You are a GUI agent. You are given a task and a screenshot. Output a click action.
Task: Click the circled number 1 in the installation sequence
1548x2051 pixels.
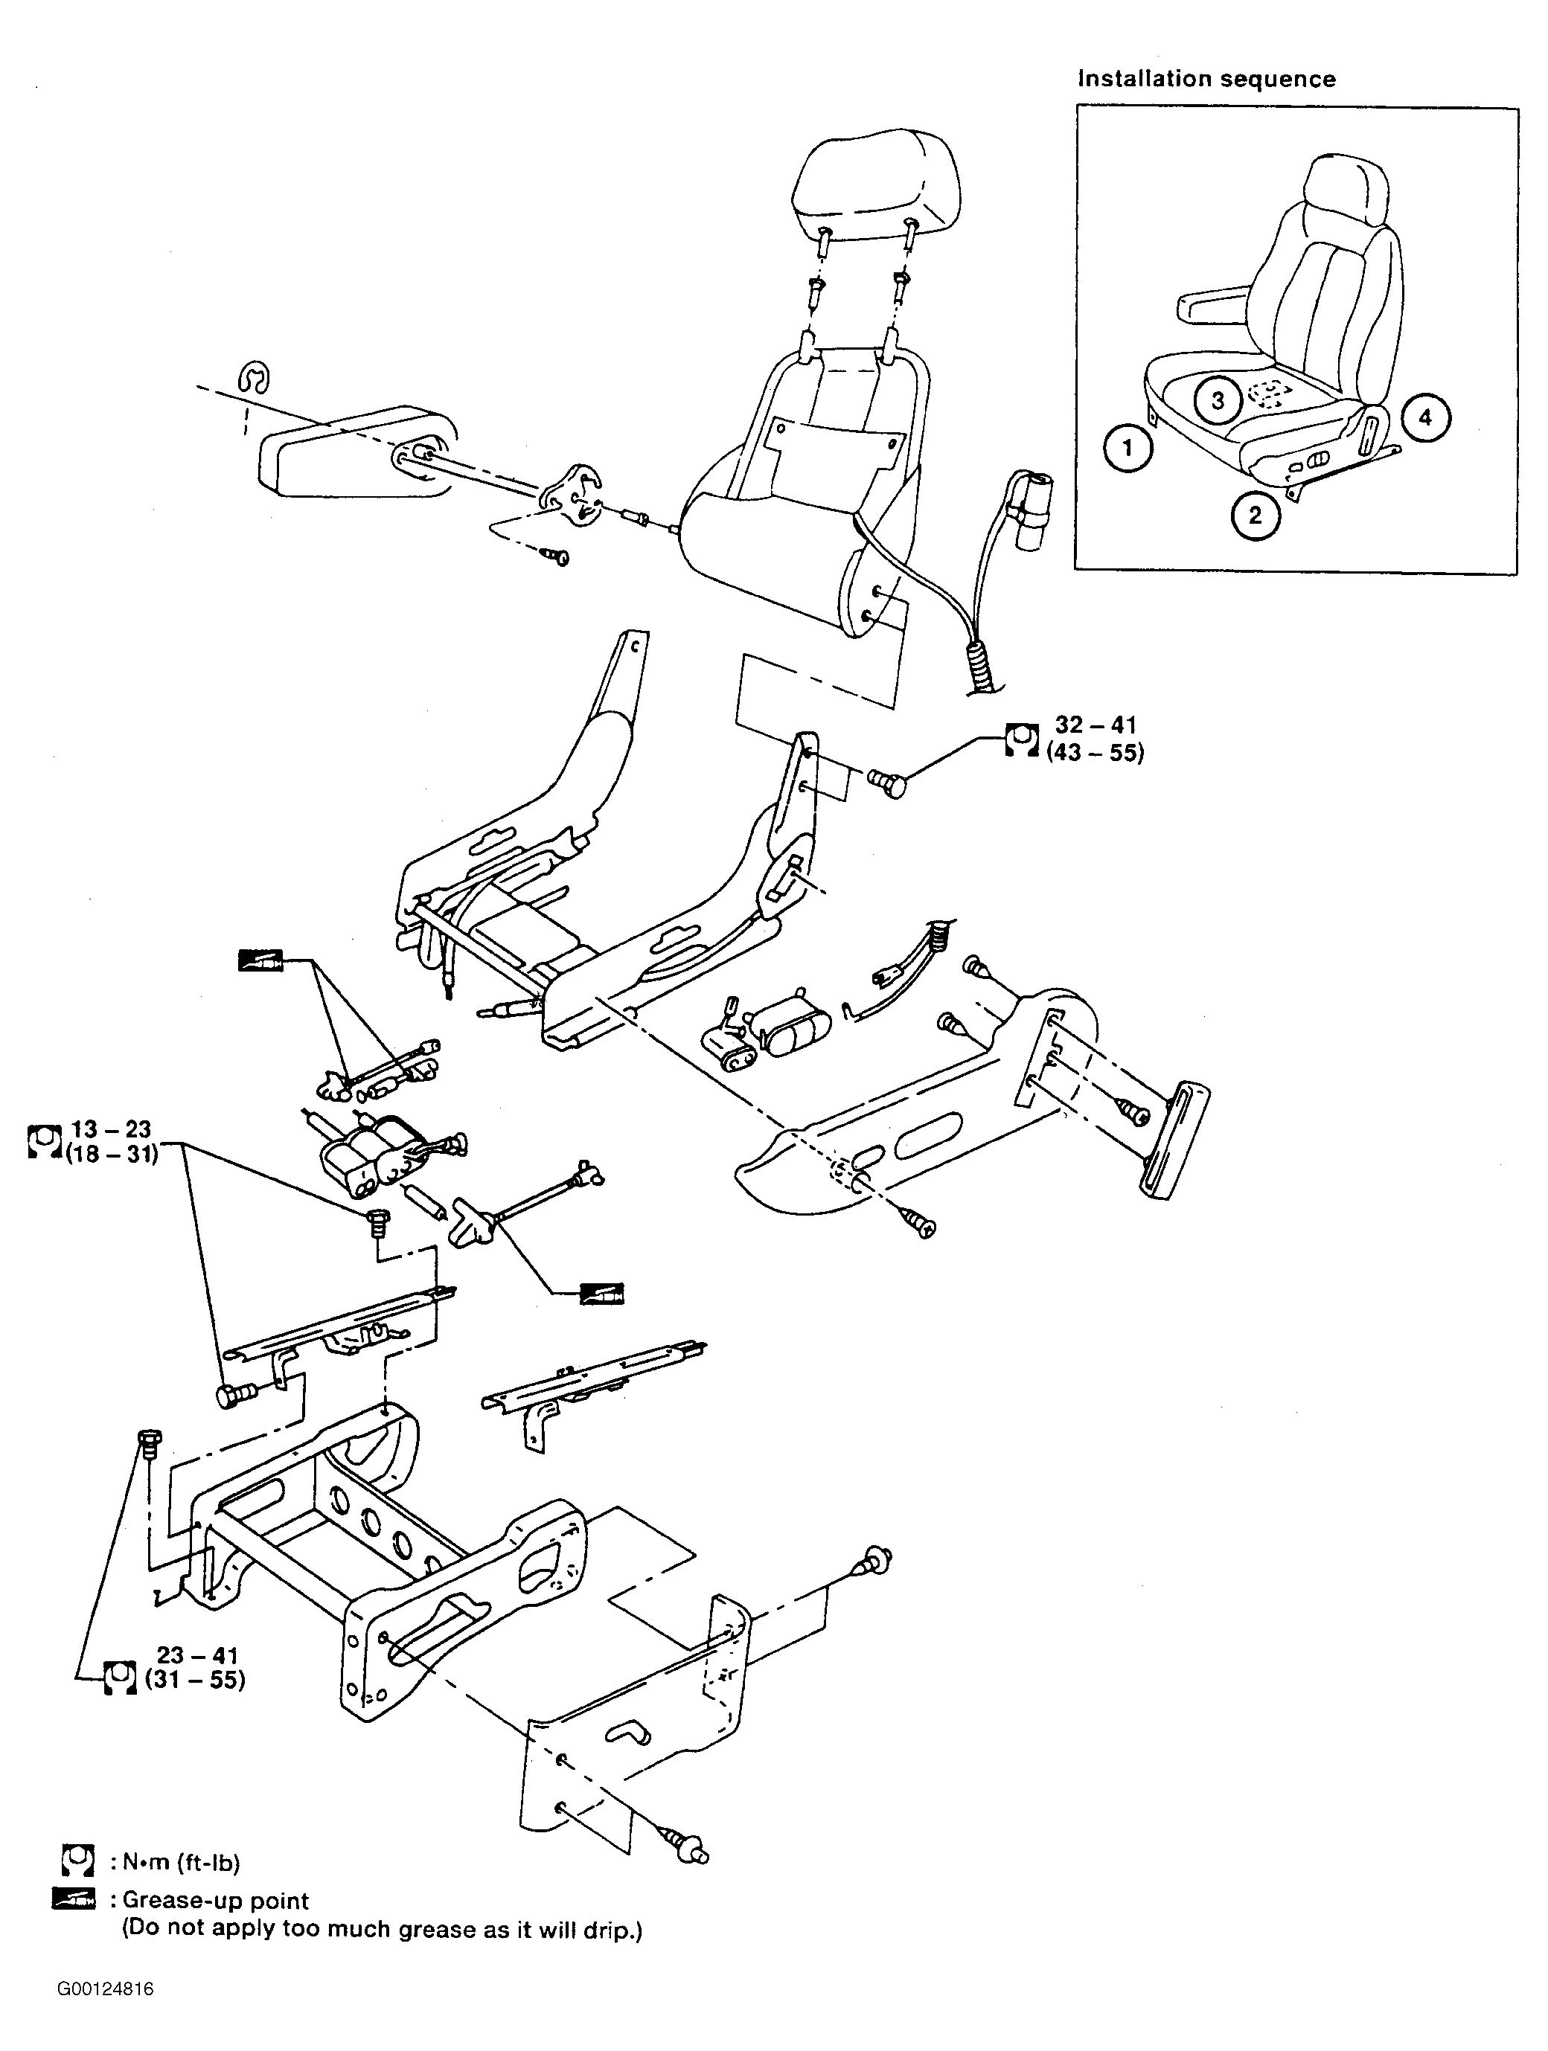[1128, 449]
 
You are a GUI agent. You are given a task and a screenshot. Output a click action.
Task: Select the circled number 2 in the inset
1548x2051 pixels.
[1256, 515]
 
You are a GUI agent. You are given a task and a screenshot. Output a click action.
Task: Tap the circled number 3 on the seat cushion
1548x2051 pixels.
[1218, 399]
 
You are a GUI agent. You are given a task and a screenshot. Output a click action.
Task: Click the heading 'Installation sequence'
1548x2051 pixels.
[1206, 79]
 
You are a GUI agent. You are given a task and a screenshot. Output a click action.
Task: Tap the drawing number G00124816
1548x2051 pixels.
[105, 1989]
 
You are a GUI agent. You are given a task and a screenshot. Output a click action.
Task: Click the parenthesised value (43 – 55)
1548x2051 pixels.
[1095, 753]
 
